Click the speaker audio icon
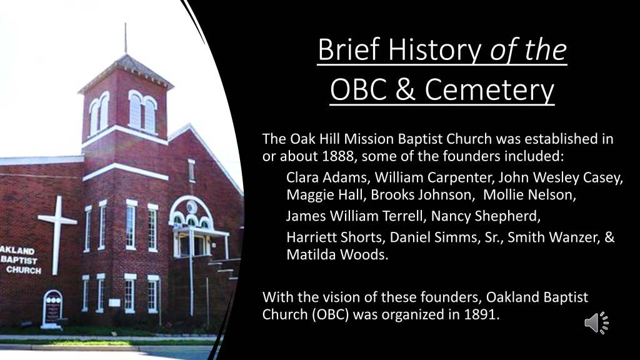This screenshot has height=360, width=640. coord(596,323)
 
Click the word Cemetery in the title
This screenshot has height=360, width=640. coord(489,89)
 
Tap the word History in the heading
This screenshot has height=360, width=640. coord(434,49)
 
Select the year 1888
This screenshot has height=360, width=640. coord(338,156)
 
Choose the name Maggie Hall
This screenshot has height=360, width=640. coord(324,195)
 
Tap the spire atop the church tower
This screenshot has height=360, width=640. coord(125,38)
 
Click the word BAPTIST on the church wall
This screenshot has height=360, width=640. coord(19,260)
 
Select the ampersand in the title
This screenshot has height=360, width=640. coord(405,89)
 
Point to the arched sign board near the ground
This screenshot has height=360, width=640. coord(52,308)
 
